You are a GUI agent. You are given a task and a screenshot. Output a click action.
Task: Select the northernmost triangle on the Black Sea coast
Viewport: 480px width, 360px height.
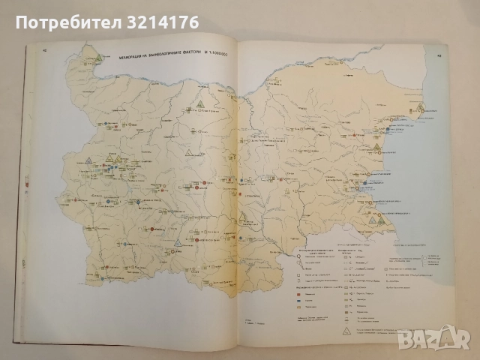click(421, 106)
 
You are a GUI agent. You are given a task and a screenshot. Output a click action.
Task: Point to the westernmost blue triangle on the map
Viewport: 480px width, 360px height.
click(88, 160)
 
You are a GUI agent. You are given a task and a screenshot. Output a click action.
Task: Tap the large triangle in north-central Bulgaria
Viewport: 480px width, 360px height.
click(201, 106)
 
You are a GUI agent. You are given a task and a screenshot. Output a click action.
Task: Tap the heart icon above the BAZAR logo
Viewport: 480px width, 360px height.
click(451, 331)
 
